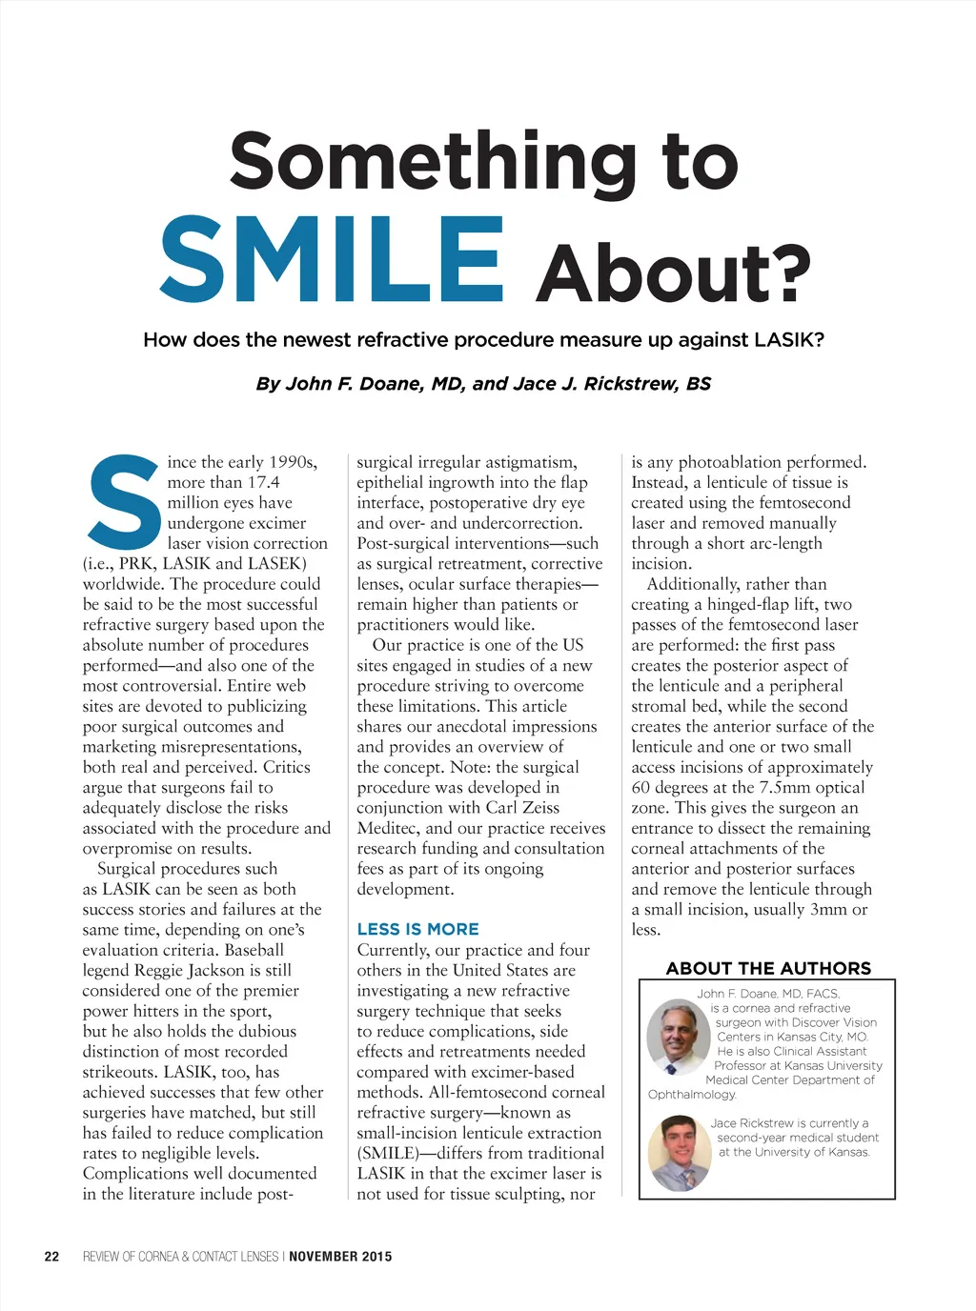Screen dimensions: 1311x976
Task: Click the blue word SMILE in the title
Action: (332, 259)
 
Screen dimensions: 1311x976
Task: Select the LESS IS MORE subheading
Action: (417, 929)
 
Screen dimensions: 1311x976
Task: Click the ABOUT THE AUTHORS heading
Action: (768, 968)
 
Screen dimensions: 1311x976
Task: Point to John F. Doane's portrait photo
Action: (678, 1037)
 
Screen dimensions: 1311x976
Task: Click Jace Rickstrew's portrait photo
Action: (680, 1152)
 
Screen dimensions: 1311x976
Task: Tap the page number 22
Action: (51, 1257)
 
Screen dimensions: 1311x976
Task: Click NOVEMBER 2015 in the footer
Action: (340, 1257)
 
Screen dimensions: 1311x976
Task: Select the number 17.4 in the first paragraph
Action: (262, 482)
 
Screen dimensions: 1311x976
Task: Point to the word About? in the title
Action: (673, 273)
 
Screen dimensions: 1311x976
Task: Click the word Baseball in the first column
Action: (254, 950)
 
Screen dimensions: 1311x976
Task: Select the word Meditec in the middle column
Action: (388, 828)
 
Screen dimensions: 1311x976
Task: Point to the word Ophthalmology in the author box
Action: (692, 1095)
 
